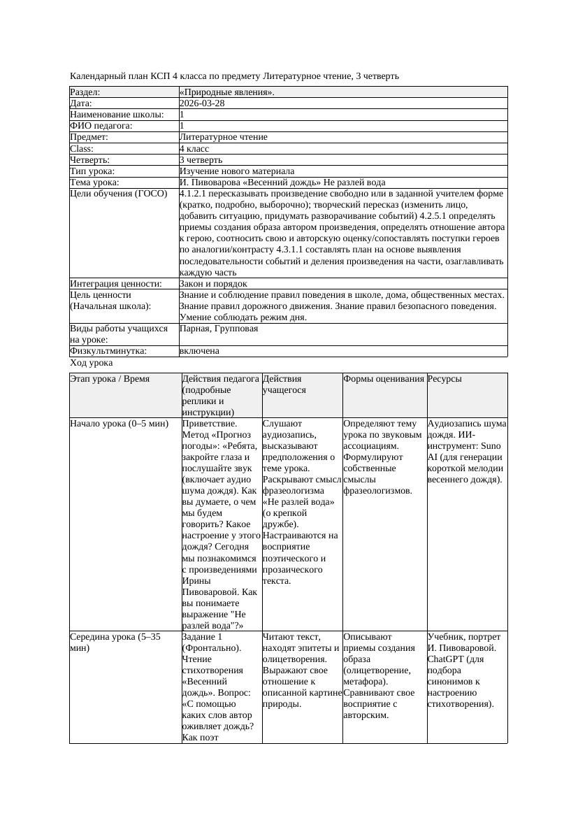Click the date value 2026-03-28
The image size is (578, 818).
[202, 103]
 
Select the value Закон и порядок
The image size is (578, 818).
[212, 284]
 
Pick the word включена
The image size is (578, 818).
[199, 351]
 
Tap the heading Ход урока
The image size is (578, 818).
[91, 364]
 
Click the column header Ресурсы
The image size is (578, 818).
[445, 379]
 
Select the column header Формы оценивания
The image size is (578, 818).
[384, 379]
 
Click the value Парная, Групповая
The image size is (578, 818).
[219, 329]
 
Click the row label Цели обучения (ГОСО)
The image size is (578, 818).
[118, 194]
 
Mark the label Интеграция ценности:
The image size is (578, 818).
[115, 284]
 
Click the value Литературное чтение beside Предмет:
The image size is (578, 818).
[223, 137]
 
